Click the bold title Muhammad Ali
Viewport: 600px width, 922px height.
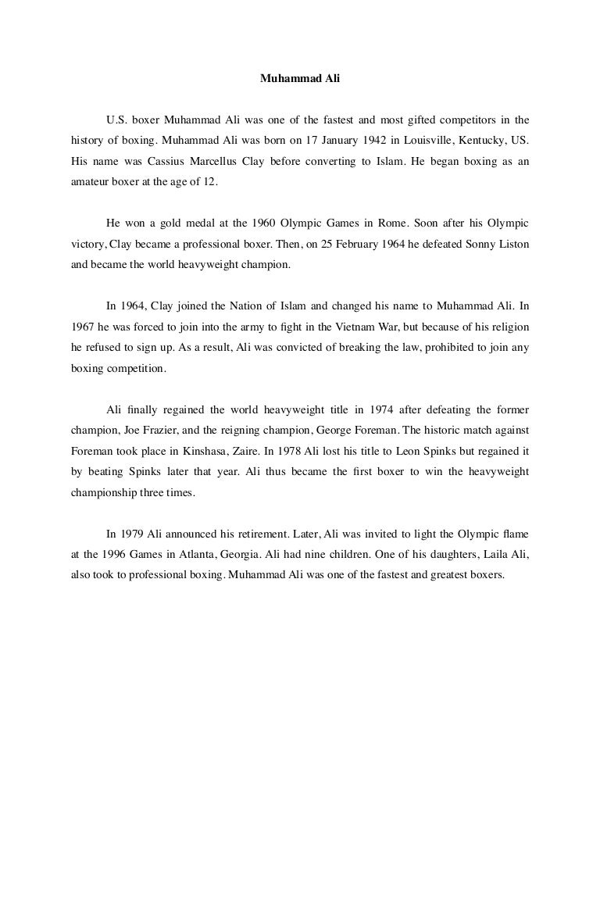299,78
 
